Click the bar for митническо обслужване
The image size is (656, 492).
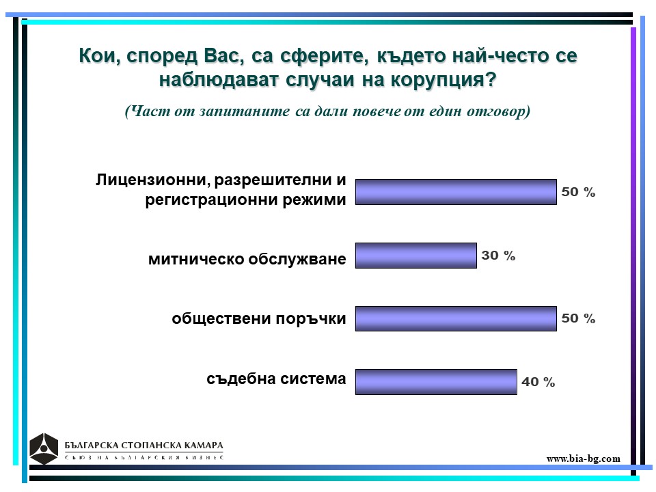pos(416,255)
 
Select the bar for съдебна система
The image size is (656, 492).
pos(436,381)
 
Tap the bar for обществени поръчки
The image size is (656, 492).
pos(456,318)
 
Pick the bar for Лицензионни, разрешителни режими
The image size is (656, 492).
pos(456,192)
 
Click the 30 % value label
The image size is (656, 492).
pos(498,255)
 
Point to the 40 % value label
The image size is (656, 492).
pos(538,381)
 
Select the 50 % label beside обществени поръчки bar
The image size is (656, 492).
pos(578,318)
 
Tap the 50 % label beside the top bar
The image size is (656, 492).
pos(578,192)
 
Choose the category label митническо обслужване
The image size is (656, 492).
pos(247,259)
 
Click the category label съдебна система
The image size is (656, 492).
pos(276,379)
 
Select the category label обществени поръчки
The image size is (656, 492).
pos(259,319)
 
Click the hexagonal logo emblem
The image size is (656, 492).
pos(44,448)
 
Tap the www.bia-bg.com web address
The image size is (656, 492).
pos(583,459)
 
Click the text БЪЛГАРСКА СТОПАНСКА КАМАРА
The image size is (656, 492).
pos(144,445)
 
